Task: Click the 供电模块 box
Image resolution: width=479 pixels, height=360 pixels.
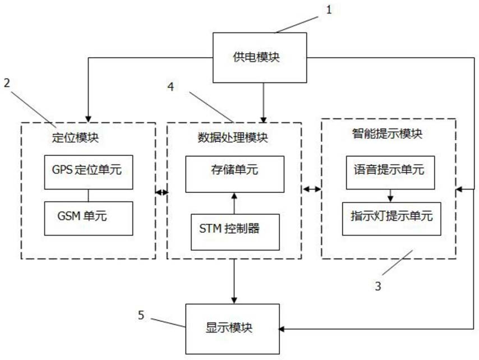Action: coord(260,58)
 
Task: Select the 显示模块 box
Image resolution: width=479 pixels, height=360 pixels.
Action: coord(232,329)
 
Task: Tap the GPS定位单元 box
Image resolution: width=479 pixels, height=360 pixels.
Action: coord(89,172)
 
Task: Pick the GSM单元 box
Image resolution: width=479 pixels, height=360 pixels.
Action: coord(89,218)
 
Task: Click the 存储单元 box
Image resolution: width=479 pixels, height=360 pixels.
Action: coord(235,174)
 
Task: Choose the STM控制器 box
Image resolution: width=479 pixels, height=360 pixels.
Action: coord(235,232)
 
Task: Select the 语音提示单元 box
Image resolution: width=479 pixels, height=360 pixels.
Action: coord(390,173)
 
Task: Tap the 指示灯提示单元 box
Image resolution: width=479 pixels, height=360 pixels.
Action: coord(392,219)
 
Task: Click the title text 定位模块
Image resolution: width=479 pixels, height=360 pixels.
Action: coord(76,138)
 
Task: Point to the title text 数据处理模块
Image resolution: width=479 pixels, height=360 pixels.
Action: coord(233,138)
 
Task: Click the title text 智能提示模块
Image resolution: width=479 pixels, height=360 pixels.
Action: coord(388,133)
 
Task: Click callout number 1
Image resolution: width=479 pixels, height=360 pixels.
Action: coord(329,10)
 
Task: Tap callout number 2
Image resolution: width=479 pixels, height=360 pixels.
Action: coord(7,83)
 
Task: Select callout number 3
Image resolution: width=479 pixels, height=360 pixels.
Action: coord(378,286)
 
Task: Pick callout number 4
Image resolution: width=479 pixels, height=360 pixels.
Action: coord(171,87)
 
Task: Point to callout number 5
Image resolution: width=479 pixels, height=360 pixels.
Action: coord(141,315)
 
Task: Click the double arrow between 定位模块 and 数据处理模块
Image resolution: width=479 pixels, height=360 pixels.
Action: coord(162,192)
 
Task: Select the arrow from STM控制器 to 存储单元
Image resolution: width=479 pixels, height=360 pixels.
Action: coord(234,204)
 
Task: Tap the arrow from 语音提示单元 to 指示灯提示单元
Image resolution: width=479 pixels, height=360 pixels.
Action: coord(390,196)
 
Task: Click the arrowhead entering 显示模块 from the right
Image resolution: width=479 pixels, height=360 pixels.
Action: coord(282,329)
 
